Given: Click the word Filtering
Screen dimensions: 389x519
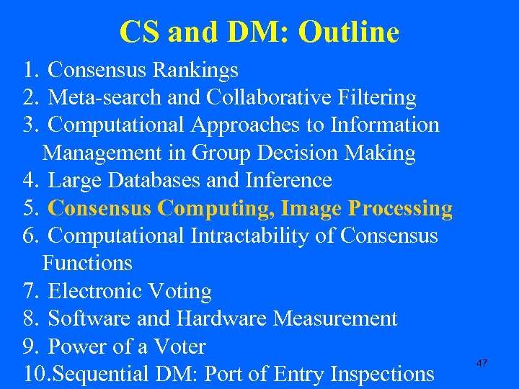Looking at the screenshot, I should [378, 97].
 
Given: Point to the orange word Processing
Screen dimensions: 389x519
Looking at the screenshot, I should [400, 208].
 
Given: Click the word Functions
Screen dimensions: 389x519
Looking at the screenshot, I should [87, 264].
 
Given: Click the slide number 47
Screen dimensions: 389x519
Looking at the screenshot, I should [482, 364].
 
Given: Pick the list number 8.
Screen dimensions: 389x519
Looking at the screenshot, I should [30, 319].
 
